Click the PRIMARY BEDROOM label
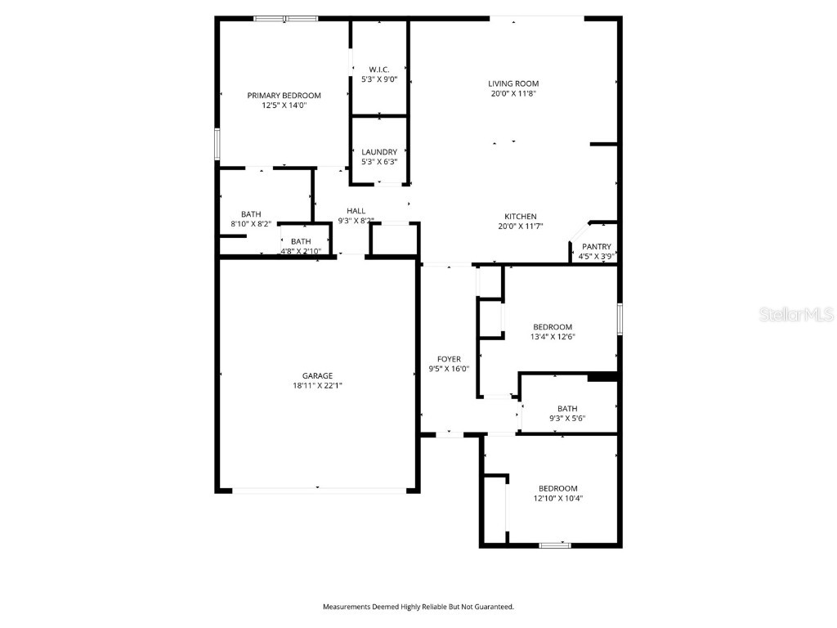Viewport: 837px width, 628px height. pyautogui.click(x=284, y=96)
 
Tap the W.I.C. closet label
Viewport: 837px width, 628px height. pyautogui.click(x=379, y=70)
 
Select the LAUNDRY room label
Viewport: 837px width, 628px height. pyautogui.click(x=379, y=152)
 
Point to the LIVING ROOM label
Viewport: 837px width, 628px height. pyautogui.click(x=513, y=83)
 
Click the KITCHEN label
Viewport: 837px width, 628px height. pyautogui.click(x=520, y=217)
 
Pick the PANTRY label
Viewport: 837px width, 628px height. pyautogui.click(x=596, y=247)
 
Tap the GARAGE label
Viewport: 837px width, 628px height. pyautogui.click(x=317, y=376)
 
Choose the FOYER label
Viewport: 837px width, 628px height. pyautogui.click(x=449, y=359)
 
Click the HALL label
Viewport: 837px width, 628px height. pyautogui.click(x=356, y=211)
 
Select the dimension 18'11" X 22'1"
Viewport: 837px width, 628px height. pyautogui.click(x=317, y=386)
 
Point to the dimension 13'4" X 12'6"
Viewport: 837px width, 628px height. pyautogui.click(x=553, y=337)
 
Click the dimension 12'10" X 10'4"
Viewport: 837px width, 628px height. pyautogui.click(x=557, y=498)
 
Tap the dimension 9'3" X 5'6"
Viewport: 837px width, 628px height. pyautogui.click(x=567, y=419)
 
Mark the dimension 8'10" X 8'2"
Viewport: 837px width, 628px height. pyautogui.click(x=251, y=224)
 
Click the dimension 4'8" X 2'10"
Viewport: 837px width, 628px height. pyautogui.click(x=301, y=251)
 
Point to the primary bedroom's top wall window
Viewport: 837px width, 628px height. pyautogui.click(x=285, y=18)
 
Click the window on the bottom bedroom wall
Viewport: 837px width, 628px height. pyautogui.click(x=554, y=545)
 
